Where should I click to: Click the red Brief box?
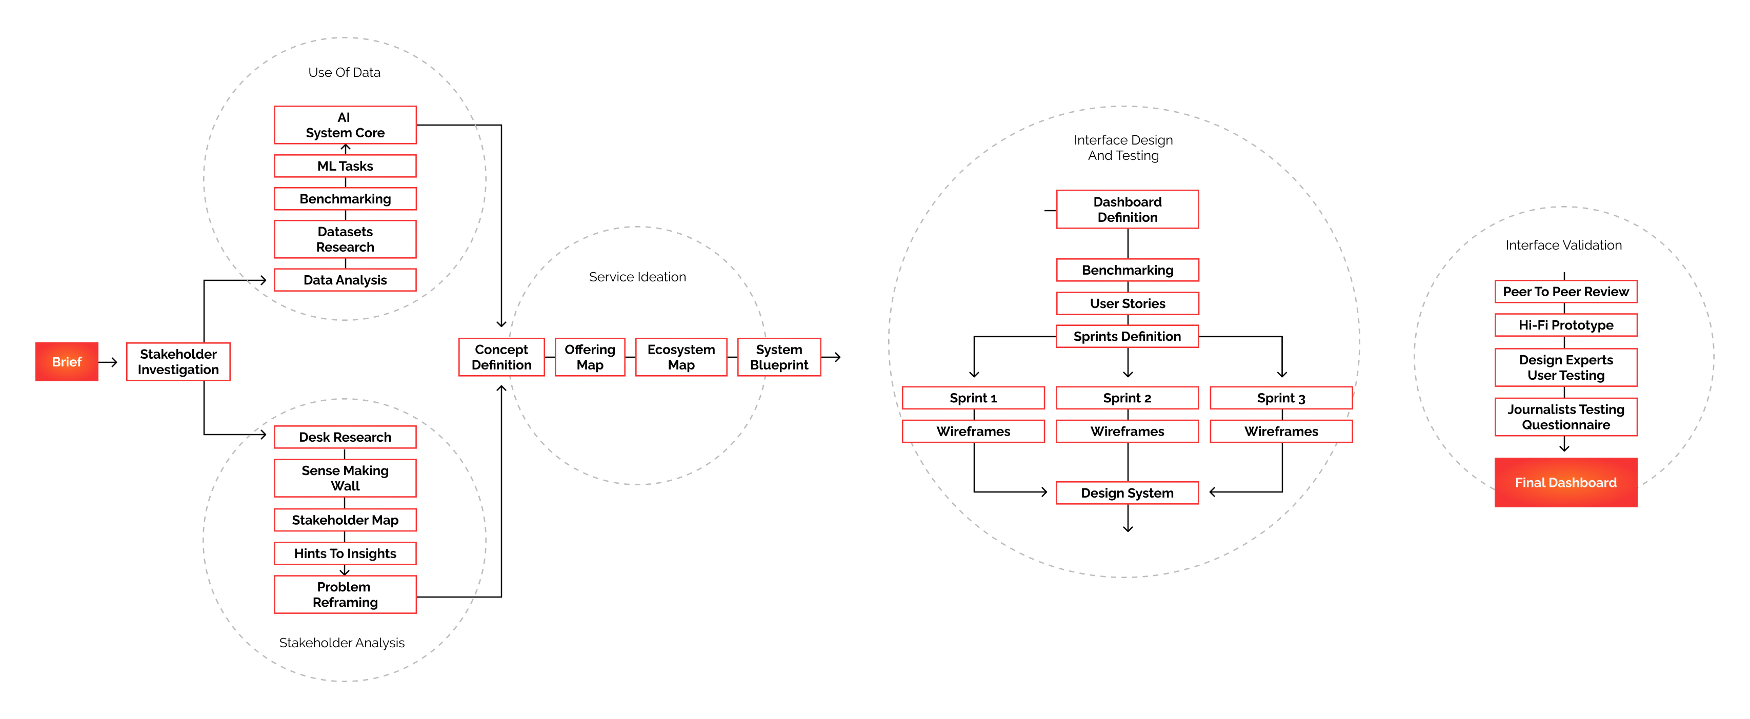pyautogui.click(x=67, y=362)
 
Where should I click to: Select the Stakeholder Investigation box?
pyautogui.click(x=178, y=362)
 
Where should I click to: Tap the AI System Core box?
pyautogui.click(x=345, y=125)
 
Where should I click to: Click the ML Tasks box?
pyautogui.click(x=345, y=166)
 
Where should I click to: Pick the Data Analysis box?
pyautogui.click(x=345, y=280)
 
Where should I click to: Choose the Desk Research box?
pyautogui.click(x=345, y=437)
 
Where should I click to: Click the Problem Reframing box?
pyautogui.click(x=345, y=595)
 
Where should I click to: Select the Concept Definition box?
pyautogui.click(x=501, y=357)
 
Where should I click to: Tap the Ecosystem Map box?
pyautogui.click(x=681, y=357)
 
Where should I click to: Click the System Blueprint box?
pyautogui.click(x=779, y=357)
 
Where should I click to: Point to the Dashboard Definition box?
pyautogui.click(x=1128, y=209)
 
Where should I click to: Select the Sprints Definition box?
pyautogui.click(x=1128, y=336)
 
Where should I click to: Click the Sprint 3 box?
pyautogui.click(x=1281, y=398)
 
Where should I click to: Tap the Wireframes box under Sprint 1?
pyautogui.click(x=974, y=431)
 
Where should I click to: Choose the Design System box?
pyautogui.click(x=1128, y=493)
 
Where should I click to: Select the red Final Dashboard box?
pyautogui.click(x=1566, y=483)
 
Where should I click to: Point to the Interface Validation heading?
pyautogui.click(x=1564, y=245)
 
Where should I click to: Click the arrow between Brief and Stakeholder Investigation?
pyautogui.click(x=108, y=362)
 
